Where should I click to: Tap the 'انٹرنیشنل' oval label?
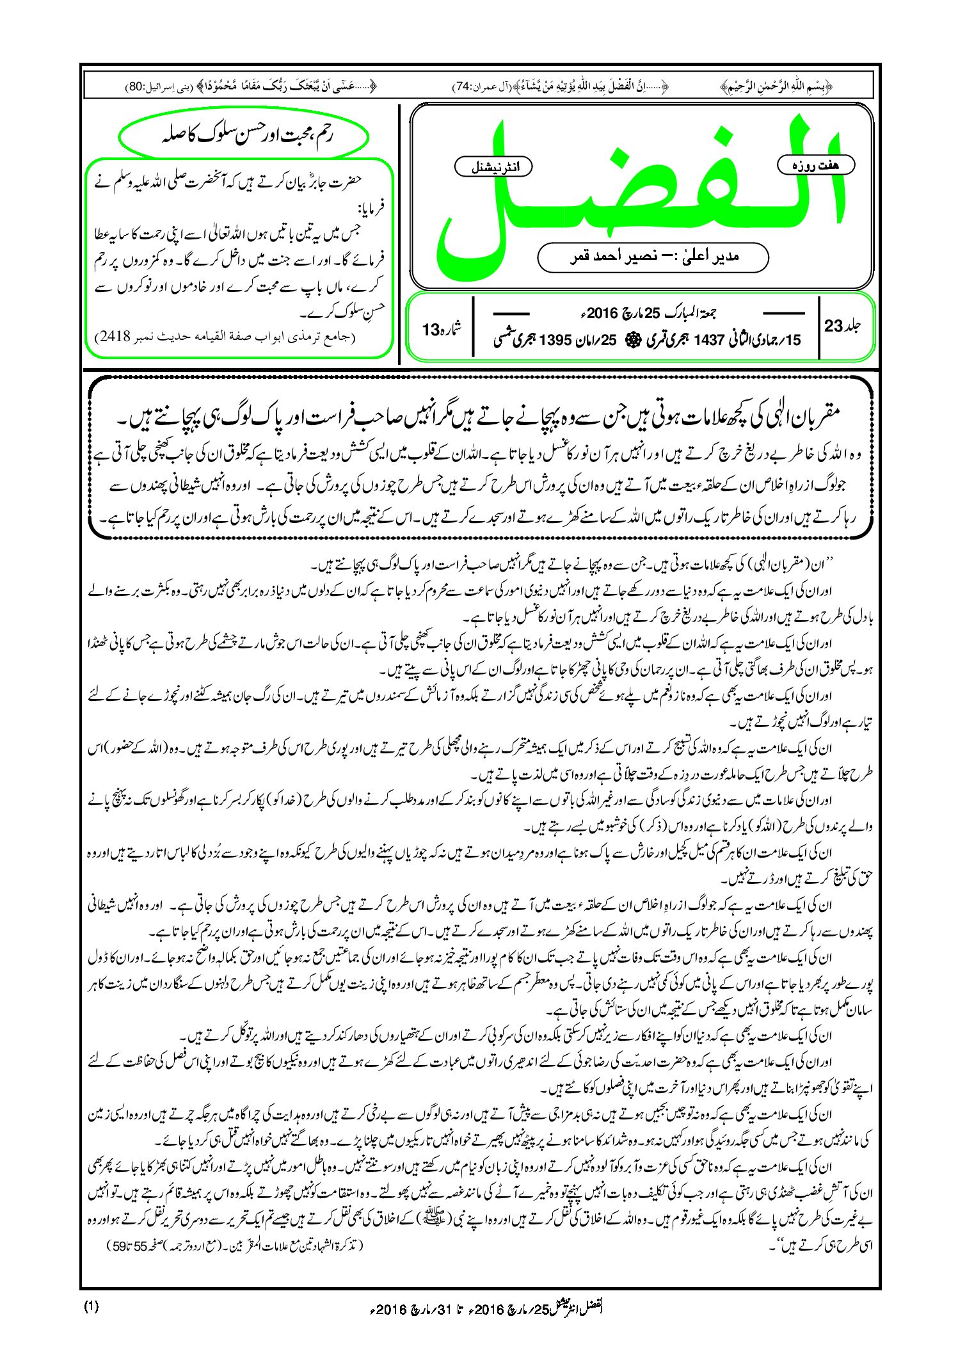(493, 168)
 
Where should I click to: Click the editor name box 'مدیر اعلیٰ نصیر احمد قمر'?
(653, 257)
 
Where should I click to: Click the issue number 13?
(431, 330)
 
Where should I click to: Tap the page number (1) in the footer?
(91, 1306)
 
